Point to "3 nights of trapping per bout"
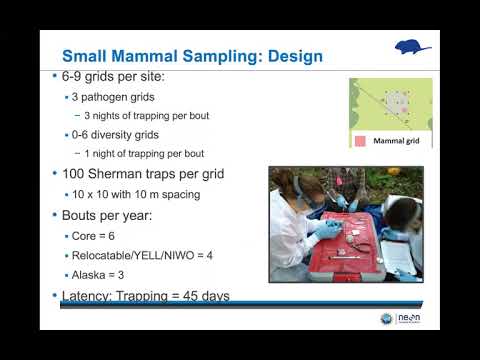(x=146, y=115)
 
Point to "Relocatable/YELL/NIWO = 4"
(x=135, y=256)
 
